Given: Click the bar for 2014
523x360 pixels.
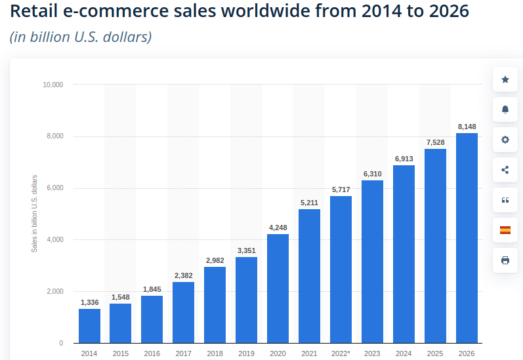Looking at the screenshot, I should [x=89, y=325].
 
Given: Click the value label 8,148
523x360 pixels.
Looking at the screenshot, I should [x=467, y=125].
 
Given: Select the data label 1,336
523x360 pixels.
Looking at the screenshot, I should [x=89, y=301].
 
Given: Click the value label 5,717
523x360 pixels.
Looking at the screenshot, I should [x=341, y=188].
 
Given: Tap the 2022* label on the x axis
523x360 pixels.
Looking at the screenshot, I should [x=341, y=354].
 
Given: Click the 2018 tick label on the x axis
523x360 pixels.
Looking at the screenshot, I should [x=215, y=354].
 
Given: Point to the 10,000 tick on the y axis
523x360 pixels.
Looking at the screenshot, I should [x=53, y=85].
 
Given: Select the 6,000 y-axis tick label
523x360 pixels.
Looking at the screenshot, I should [x=55, y=188].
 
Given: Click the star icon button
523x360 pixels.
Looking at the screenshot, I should [x=504, y=78].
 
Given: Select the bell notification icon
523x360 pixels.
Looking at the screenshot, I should [x=504, y=109].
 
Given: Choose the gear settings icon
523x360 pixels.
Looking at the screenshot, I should [x=504, y=139].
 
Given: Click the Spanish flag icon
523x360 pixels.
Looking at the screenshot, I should [x=504, y=230].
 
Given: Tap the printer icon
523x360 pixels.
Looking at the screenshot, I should [x=504, y=260].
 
